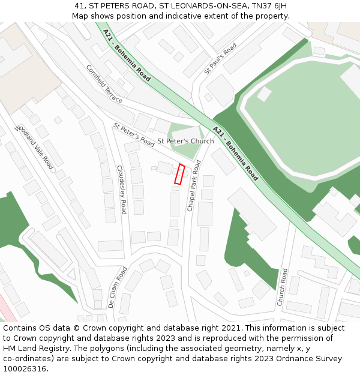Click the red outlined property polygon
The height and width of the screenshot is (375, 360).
[x=179, y=173]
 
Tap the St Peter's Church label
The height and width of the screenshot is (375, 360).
[x=185, y=141]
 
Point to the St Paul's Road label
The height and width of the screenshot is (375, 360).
[x=220, y=58]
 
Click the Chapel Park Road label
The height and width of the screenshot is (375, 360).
[x=194, y=185]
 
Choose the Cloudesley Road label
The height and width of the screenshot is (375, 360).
[x=121, y=190]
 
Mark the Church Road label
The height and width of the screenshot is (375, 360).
[x=282, y=287]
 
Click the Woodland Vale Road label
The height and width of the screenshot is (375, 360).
[x=35, y=147]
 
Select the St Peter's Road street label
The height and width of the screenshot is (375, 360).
[x=134, y=134]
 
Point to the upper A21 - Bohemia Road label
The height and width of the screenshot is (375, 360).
[x=126, y=55]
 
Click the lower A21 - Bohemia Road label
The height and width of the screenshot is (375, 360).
[x=235, y=154]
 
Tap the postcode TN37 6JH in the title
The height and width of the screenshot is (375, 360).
[x=272, y=5]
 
